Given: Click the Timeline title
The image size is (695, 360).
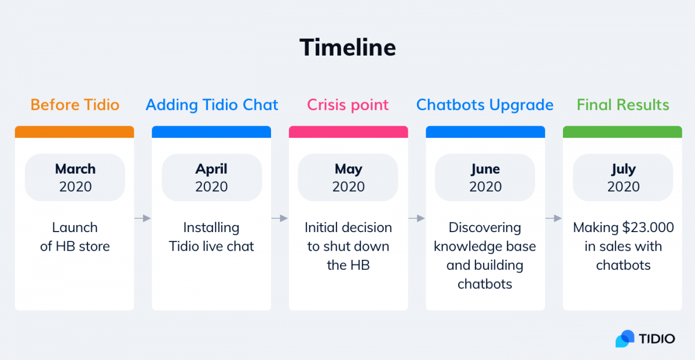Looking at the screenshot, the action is click(348, 47).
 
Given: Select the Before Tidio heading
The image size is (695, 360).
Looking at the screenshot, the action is click(75, 105).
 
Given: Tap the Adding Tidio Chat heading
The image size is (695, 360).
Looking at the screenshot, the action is click(211, 105).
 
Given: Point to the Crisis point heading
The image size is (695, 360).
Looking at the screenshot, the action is click(348, 105).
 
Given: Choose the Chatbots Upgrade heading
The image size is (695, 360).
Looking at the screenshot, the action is click(485, 105).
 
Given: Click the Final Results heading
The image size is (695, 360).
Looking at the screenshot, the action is click(623, 105).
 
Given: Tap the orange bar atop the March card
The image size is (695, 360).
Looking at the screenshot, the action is click(75, 132).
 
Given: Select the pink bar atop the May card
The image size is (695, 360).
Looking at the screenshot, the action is click(349, 132).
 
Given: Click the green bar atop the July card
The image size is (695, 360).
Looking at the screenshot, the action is click(623, 132).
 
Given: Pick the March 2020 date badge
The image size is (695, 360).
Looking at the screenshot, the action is click(75, 178).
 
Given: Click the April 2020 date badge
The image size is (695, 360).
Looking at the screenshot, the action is click(212, 178).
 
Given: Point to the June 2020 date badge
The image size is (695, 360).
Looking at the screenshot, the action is click(485, 178).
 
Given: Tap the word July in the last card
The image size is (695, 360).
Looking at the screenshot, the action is click(623, 170).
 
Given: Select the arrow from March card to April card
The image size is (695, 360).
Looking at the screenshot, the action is click(142, 218).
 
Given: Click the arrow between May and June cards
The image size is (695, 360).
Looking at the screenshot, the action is click(416, 218).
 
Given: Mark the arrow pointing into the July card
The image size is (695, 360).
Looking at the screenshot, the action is click(554, 218).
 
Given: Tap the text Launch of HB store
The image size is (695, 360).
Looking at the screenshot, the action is click(75, 237).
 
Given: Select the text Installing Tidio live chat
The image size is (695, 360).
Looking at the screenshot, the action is click(211, 237).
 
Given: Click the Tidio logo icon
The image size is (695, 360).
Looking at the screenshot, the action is click(625, 339).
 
